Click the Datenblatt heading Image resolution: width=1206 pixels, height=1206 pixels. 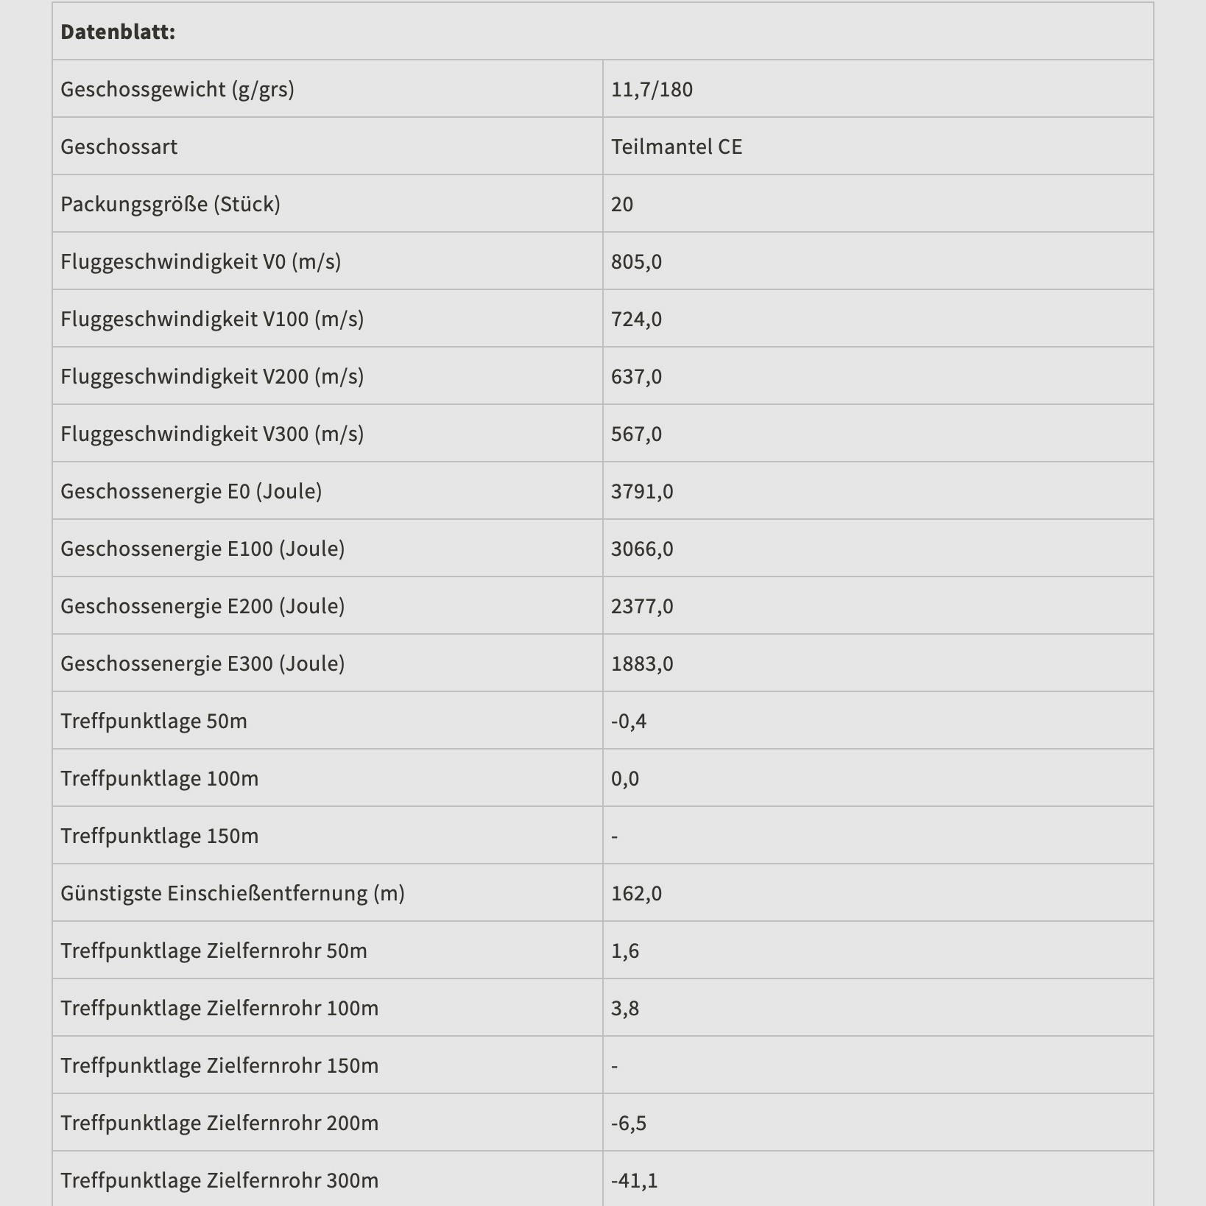118,32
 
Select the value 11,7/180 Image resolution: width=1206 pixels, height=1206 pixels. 652,89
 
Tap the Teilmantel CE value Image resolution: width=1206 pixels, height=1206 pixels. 676,147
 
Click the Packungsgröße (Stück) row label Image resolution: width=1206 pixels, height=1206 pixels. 170,204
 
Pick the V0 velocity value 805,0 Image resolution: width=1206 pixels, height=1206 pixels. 636,261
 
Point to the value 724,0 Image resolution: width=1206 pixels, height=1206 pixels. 636,319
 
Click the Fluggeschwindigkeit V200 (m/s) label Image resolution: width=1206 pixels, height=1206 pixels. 212,376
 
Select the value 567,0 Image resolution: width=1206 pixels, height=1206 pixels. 636,434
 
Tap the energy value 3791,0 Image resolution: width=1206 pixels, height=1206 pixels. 642,491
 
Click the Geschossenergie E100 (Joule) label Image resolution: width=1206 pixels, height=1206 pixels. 202,549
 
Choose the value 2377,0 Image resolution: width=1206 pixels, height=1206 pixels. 642,606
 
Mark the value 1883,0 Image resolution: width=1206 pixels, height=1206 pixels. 642,663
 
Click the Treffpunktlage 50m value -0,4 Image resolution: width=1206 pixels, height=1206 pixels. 629,721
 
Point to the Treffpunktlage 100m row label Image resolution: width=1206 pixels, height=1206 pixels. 159,778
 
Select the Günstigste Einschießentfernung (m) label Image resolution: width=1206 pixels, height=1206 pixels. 233,893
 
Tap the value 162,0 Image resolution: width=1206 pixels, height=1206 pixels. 636,893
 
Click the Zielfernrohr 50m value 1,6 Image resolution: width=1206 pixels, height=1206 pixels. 625,951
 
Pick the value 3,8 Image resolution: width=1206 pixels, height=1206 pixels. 625,1008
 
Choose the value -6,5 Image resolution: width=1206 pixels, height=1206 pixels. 629,1123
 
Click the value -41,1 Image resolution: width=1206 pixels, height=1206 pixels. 635,1180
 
